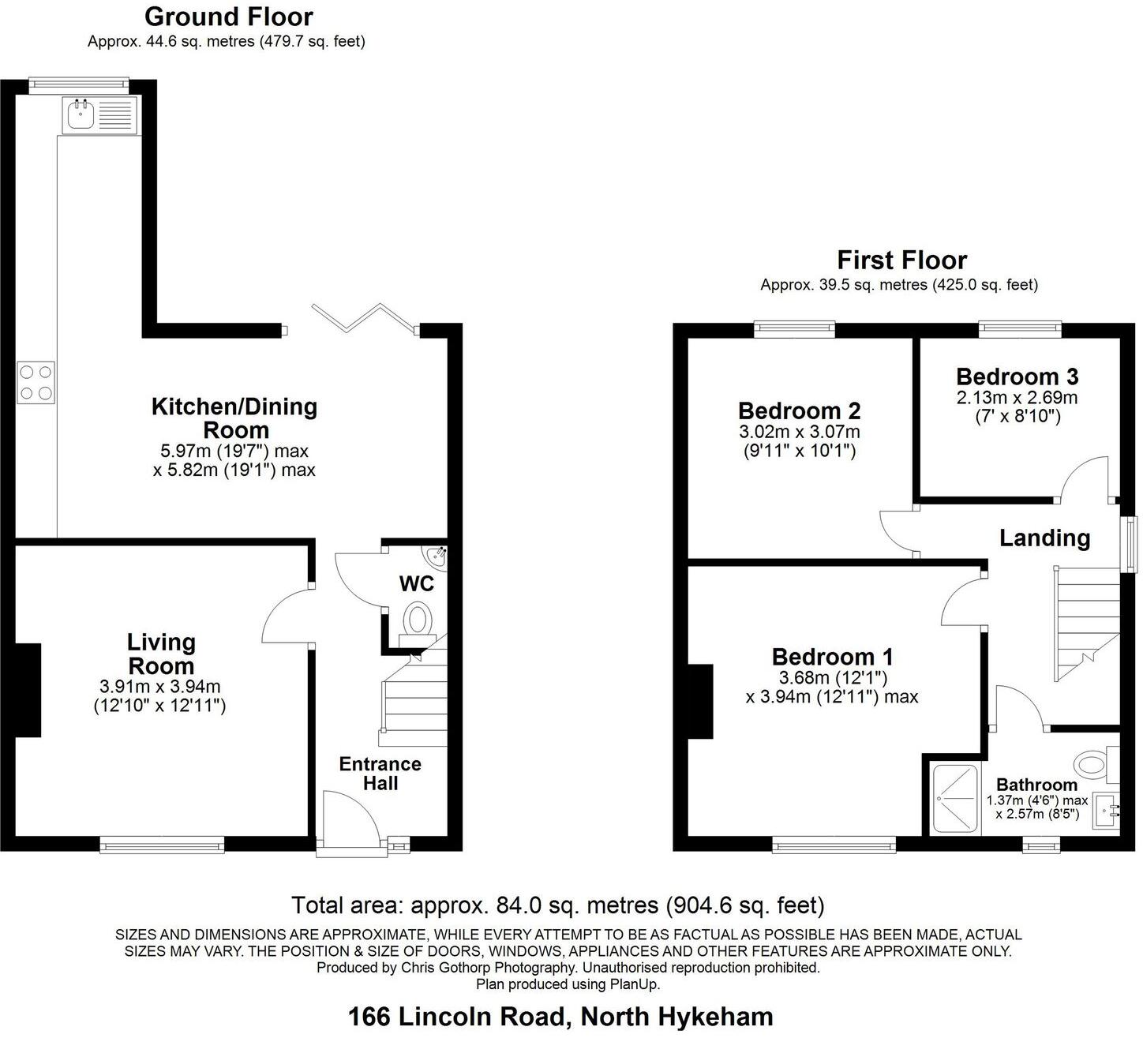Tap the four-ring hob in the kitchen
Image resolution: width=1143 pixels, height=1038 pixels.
[x=36, y=383]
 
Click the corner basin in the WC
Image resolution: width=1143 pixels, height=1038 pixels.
[x=437, y=557]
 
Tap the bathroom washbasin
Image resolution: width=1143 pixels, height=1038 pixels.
[x=1107, y=811]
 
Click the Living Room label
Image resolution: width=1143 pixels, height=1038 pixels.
[x=161, y=654]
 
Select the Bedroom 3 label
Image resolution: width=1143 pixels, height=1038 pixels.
[x=1017, y=377]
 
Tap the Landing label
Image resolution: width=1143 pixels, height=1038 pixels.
[x=1044, y=538]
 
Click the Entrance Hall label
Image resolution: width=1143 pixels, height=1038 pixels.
[x=380, y=774]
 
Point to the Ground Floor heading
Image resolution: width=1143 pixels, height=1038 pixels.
[x=228, y=17]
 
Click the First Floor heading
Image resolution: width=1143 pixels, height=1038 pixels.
[x=901, y=260]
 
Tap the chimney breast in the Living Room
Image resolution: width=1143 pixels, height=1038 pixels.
[x=28, y=690]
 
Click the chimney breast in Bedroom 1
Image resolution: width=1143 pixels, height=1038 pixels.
[x=700, y=701]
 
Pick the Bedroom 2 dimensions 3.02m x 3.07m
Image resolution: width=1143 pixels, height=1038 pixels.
[x=799, y=432]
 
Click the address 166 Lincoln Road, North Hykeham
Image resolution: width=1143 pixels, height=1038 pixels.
[x=560, y=1016]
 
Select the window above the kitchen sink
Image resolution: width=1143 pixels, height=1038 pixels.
[x=78, y=81]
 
